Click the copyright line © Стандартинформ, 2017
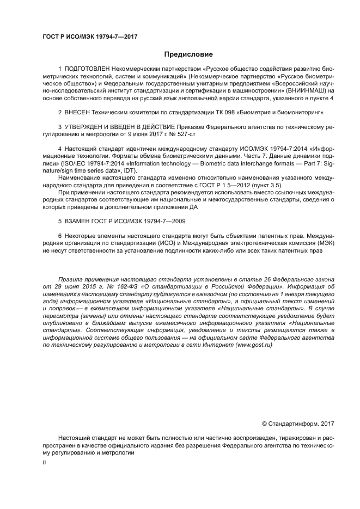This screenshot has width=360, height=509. [x=298, y=423]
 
